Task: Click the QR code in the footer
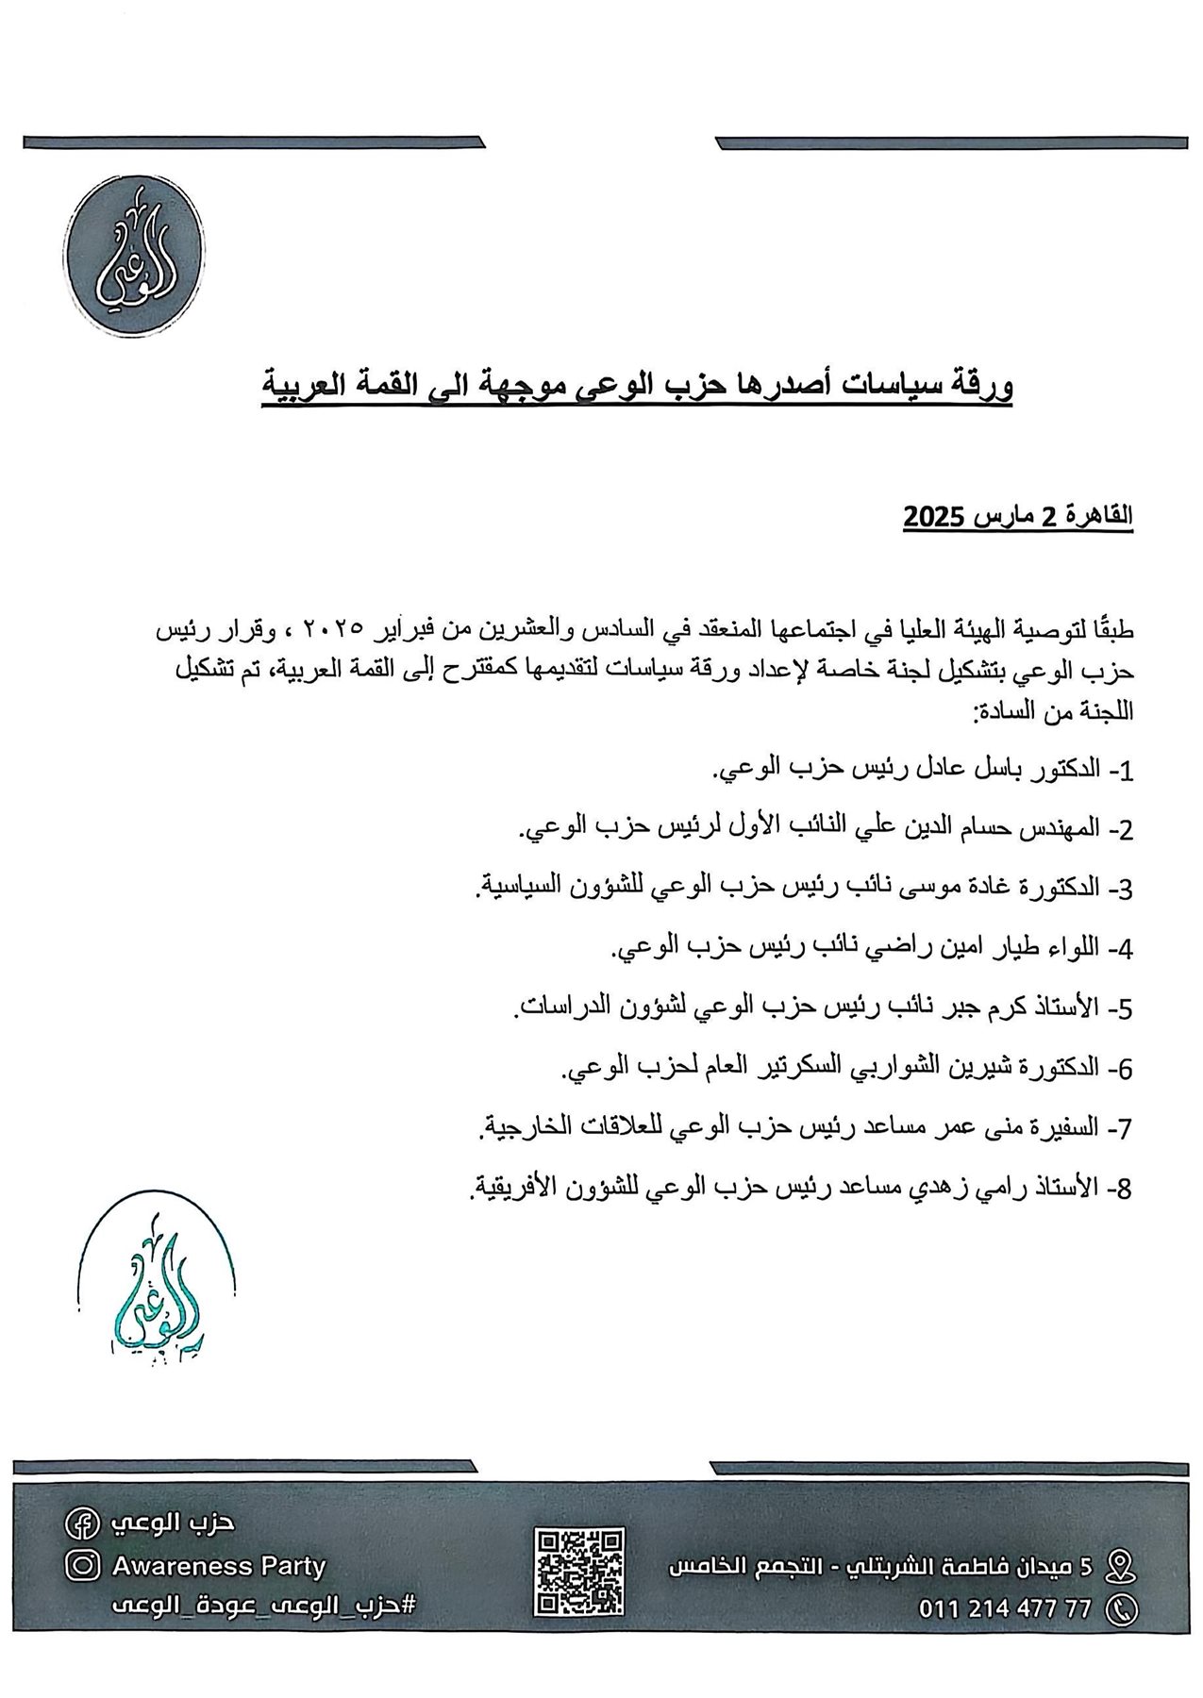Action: pyautogui.click(x=579, y=1572)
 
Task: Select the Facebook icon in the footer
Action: pyautogui.click(x=78, y=1523)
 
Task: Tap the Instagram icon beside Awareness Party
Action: pyautogui.click(x=82, y=1567)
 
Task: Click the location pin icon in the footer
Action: pyautogui.click(x=1120, y=1566)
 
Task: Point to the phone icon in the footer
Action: pyautogui.click(x=1120, y=1609)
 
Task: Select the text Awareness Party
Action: pyautogui.click(x=219, y=1567)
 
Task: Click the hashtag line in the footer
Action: pyautogui.click(x=263, y=1606)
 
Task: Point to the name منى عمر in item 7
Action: pyautogui.click(x=950, y=1127)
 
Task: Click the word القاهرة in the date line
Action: pyautogui.click(x=1094, y=517)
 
